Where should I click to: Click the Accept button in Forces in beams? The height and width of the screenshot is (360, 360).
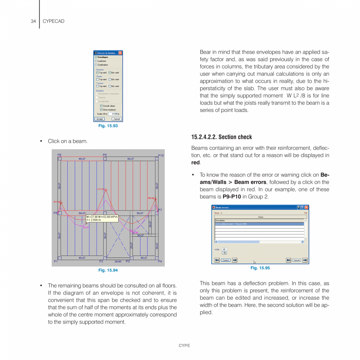coord(99,119)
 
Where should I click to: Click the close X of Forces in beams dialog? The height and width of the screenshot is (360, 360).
coord(120,53)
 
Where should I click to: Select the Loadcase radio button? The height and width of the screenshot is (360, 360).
coord(96,61)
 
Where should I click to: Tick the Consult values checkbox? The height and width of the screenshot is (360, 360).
coord(101,106)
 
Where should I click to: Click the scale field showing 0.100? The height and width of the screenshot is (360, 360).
coord(115,114)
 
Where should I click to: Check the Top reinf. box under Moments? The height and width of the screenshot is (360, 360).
coord(97,73)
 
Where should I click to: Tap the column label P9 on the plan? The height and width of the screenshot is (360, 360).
coord(105,155)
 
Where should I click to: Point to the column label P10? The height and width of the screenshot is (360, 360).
coord(161,156)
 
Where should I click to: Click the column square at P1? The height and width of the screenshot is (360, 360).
coord(59,258)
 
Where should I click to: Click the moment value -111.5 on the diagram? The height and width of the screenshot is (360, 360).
coord(100,189)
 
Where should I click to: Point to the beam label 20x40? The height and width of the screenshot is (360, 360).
coord(118,261)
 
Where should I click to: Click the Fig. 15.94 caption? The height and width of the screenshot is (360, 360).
coord(108,270)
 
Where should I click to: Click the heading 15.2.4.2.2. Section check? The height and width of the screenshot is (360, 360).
coord(221,137)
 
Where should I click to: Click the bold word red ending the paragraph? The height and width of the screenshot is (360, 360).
coord(196,162)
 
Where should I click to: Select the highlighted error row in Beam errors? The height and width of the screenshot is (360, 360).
coord(259,224)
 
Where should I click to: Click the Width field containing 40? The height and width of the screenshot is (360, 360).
coord(224,249)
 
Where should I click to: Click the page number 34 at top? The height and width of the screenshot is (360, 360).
coord(33,21)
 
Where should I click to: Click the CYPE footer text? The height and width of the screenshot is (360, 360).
coord(184,346)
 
